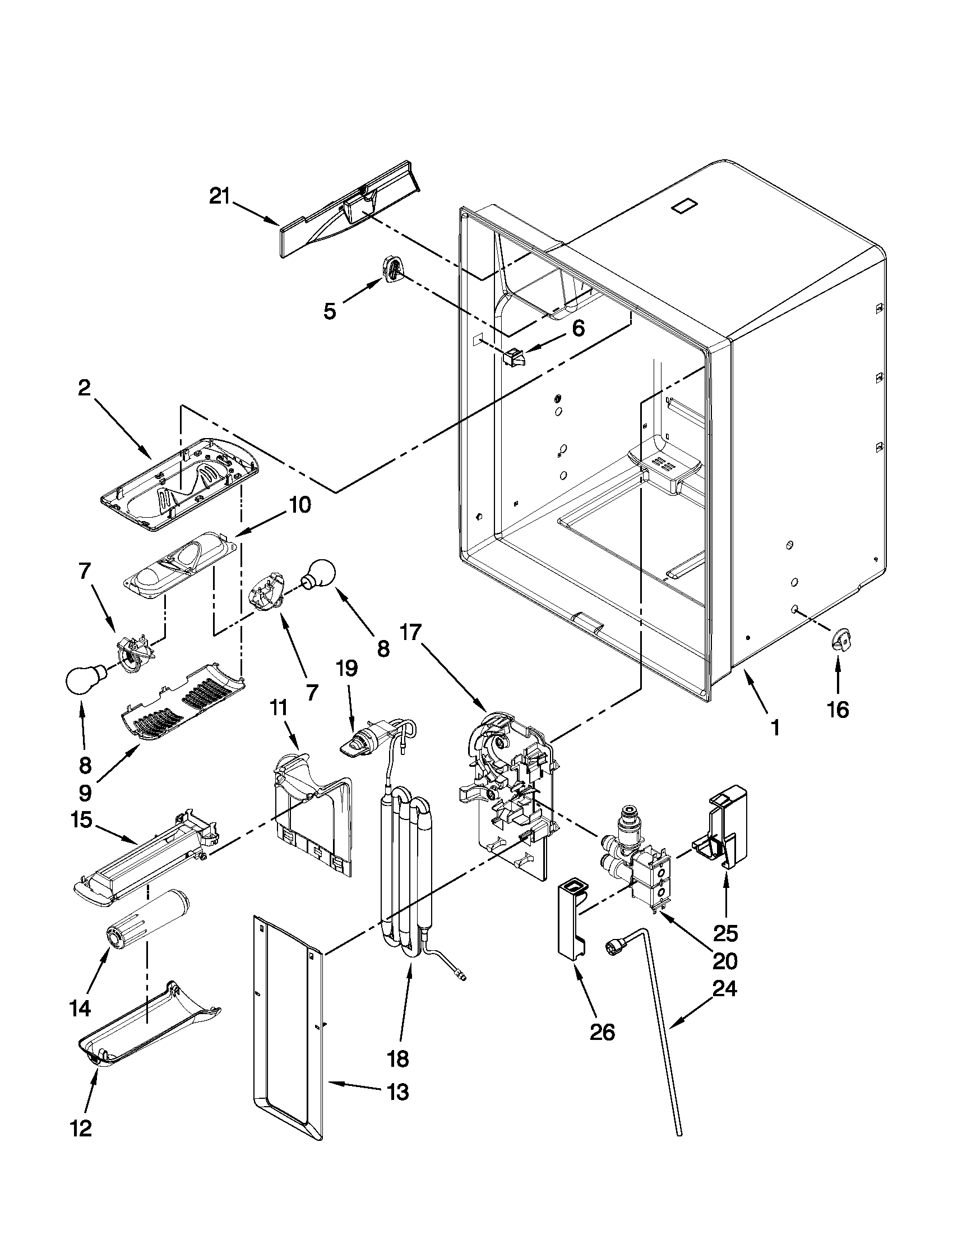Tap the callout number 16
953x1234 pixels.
pos(839,710)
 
